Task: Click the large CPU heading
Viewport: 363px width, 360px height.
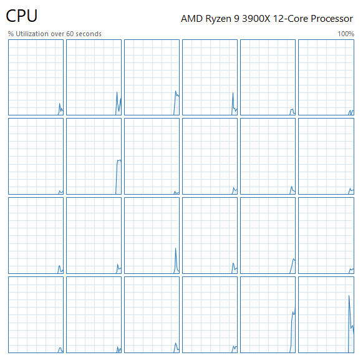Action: [22, 16]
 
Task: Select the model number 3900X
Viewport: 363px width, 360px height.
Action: [256, 19]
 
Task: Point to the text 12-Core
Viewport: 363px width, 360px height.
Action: [290, 19]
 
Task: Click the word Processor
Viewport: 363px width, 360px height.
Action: [332, 19]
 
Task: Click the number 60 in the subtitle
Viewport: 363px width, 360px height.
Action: [70, 34]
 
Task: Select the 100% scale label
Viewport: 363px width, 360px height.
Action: [346, 34]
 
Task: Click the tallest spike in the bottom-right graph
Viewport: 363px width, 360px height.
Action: [349, 296]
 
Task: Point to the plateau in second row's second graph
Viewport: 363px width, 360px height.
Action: [119, 160]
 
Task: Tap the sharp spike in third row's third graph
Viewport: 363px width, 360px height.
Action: [176, 248]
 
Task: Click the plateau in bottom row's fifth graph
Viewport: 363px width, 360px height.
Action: [293, 313]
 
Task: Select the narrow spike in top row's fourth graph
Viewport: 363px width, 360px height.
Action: [233, 93]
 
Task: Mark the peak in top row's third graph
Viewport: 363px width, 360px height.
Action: [176, 91]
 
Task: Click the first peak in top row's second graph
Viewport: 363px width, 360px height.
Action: [117, 92]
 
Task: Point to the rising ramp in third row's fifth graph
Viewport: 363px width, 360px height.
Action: [292, 266]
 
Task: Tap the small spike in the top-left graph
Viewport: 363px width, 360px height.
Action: [59, 104]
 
